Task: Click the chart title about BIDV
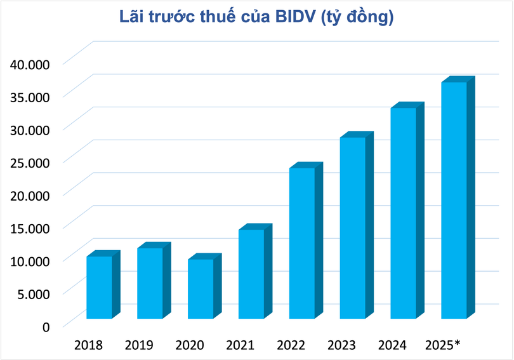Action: point(256,17)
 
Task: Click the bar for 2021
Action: point(251,274)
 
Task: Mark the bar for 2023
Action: point(352,228)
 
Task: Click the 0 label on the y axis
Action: point(46,326)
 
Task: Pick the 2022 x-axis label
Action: point(291,345)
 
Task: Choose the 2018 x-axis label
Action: point(88,345)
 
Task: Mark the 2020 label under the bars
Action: point(190,345)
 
